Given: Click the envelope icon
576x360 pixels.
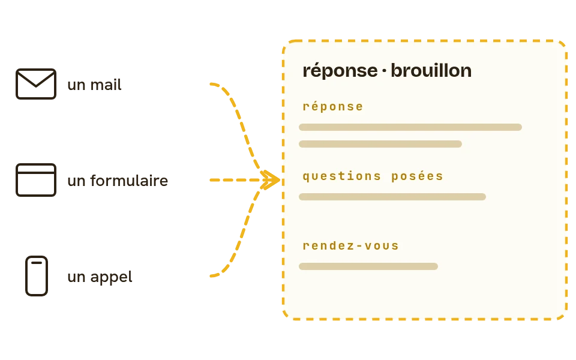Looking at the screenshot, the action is (36, 84).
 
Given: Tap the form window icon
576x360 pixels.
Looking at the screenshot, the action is (36, 180).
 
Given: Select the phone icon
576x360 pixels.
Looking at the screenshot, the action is (37, 276).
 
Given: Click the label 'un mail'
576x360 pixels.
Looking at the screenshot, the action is (94, 85).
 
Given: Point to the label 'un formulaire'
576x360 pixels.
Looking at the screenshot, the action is (118, 181).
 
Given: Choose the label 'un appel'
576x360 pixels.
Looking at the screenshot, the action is (100, 277).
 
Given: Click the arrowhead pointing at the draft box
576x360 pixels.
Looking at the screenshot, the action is (272, 180).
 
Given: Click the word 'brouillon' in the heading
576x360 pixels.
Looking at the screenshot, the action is (431, 71).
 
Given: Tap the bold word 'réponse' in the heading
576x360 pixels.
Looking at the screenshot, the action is (340, 71).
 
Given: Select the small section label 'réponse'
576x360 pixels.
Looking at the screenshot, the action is (333, 107).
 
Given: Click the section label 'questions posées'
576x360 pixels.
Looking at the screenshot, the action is (373, 176).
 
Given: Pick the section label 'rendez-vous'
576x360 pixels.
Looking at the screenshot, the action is (351, 246).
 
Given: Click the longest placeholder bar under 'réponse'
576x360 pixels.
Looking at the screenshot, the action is (410, 127).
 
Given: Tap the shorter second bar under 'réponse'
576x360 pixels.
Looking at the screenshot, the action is (380, 144).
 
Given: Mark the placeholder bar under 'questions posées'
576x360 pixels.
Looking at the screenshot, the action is (392, 197).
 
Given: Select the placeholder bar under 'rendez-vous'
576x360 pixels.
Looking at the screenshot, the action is (368, 266).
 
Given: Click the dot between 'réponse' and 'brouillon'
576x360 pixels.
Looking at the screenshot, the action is (384, 71).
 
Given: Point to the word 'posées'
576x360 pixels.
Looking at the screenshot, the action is (418, 176).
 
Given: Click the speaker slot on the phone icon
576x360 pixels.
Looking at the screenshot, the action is (37, 263).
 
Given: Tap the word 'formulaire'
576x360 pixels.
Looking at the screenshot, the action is (129, 181).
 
